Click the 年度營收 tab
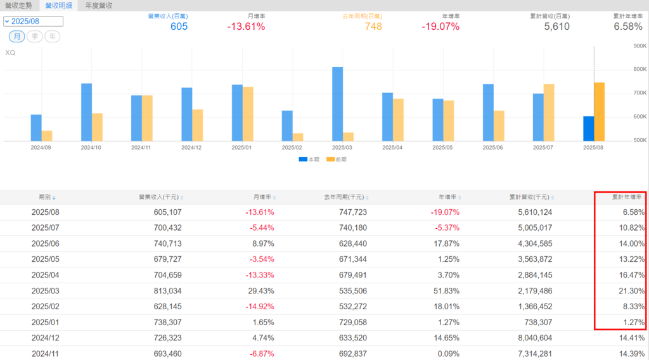coord(99,5)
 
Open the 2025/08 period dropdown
coord(33,21)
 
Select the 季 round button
coord(35,37)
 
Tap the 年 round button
coord(53,37)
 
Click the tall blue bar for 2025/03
coord(337,104)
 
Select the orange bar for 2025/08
coord(599,112)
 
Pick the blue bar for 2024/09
coord(36,127)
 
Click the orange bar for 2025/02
coord(297,137)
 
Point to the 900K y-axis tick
coord(639,46)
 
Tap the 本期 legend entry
coord(309,160)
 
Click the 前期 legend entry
coord(337,160)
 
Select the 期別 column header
coord(47,197)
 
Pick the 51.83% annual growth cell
coord(446,291)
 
